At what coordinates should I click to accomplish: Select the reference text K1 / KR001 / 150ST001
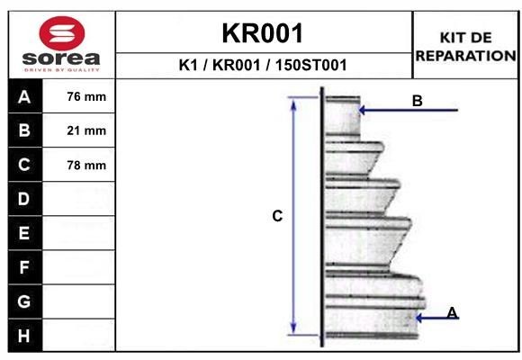pyautogui.click(x=264, y=65)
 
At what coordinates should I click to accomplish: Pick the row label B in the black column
pyautogui.click(x=24, y=131)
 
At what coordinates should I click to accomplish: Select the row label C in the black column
pyautogui.click(x=24, y=165)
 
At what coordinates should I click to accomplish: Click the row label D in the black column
pyautogui.click(x=24, y=199)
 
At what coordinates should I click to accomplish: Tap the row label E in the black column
pyautogui.click(x=24, y=233)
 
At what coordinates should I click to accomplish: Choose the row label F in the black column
pyautogui.click(x=24, y=267)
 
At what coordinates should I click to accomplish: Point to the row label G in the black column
pyautogui.click(x=24, y=301)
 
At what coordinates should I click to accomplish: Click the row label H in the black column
pyautogui.click(x=24, y=336)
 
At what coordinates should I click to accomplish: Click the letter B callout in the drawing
pyautogui.click(x=417, y=101)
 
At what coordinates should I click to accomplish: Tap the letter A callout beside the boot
pyautogui.click(x=453, y=312)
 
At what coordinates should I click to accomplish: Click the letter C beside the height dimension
pyautogui.click(x=277, y=216)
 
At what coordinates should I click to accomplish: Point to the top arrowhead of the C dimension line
pyautogui.click(x=293, y=102)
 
